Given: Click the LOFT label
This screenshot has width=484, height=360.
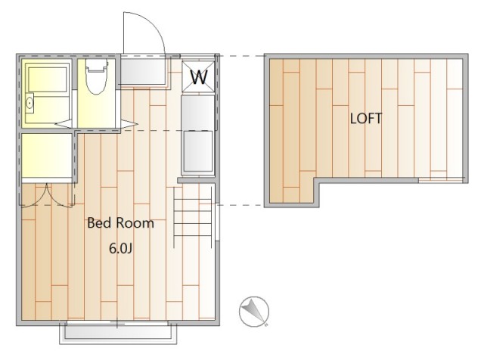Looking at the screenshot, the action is click(x=366, y=119).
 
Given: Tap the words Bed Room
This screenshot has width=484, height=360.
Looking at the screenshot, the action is click(x=120, y=223).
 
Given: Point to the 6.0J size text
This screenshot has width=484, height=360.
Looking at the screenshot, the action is click(x=121, y=249).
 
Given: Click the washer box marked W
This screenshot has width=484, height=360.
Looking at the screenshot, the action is click(x=198, y=76).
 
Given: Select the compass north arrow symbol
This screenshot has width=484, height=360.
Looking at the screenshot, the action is click(x=254, y=311).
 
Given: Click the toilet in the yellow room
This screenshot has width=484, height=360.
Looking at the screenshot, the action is click(x=98, y=76).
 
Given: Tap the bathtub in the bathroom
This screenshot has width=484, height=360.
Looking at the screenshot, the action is click(x=47, y=79).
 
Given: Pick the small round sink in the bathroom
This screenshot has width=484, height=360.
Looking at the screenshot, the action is click(x=29, y=104).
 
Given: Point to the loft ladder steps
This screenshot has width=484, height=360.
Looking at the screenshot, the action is click(x=193, y=217).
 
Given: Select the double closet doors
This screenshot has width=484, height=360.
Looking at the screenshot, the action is click(x=47, y=195).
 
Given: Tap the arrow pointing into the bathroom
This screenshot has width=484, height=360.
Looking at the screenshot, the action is click(x=64, y=124).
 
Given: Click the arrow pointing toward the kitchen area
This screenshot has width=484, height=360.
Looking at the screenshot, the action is click(x=129, y=124).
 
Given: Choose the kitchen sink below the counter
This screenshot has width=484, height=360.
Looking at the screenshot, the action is click(x=198, y=151).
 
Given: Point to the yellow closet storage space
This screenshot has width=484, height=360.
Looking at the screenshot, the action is click(x=47, y=155).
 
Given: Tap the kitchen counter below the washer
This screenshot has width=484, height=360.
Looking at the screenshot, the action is click(x=197, y=113).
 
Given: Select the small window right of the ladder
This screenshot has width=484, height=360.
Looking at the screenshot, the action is click(x=217, y=222).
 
